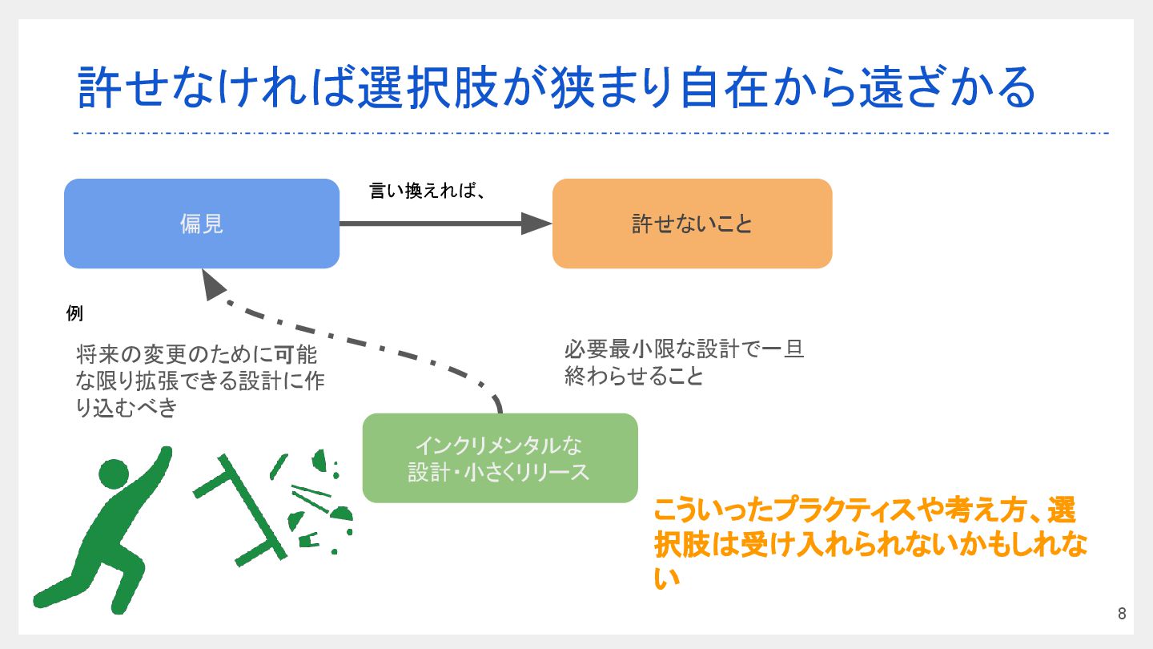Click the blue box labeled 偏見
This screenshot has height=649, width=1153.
pyautogui.click(x=201, y=224)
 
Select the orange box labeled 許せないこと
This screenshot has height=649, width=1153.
pyautogui.click(x=692, y=224)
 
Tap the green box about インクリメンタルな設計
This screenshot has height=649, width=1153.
pyautogui.click(x=500, y=458)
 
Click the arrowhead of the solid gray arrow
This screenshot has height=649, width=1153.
pyautogui.click(x=536, y=224)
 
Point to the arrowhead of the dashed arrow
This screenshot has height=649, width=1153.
pyautogui.click(x=213, y=284)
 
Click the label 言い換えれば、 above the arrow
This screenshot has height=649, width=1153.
pyautogui.click(x=428, y=192)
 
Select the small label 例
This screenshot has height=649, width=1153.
pyautogui.click(x=74, y=313)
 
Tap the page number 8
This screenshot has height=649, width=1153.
pyautogui.click(x=1121, y=615)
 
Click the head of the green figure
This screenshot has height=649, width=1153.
pyautogui.click(x=111, y=474)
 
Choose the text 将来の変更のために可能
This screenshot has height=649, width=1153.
pyautogui.click(x=197, y=354)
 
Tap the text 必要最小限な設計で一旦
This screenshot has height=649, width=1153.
pyautogui.click(x=684, y=349)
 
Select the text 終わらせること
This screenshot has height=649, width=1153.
pyautogui.click(x=633, y=376)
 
